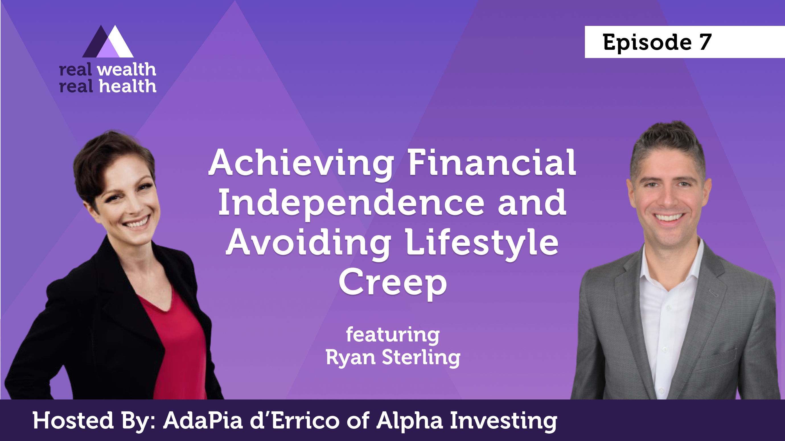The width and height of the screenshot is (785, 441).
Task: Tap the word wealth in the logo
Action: [126, 70]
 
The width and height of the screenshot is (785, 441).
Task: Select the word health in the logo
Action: [128, 86]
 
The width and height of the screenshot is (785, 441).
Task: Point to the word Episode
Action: [647, 43]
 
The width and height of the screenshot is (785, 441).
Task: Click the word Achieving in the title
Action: [301, 163]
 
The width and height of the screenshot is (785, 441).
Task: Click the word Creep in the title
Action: [392, 283]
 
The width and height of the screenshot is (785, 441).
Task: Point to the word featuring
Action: [393, 336]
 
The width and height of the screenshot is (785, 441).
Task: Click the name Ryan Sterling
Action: [393, 358]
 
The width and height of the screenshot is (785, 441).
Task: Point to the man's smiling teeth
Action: [669, 218]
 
